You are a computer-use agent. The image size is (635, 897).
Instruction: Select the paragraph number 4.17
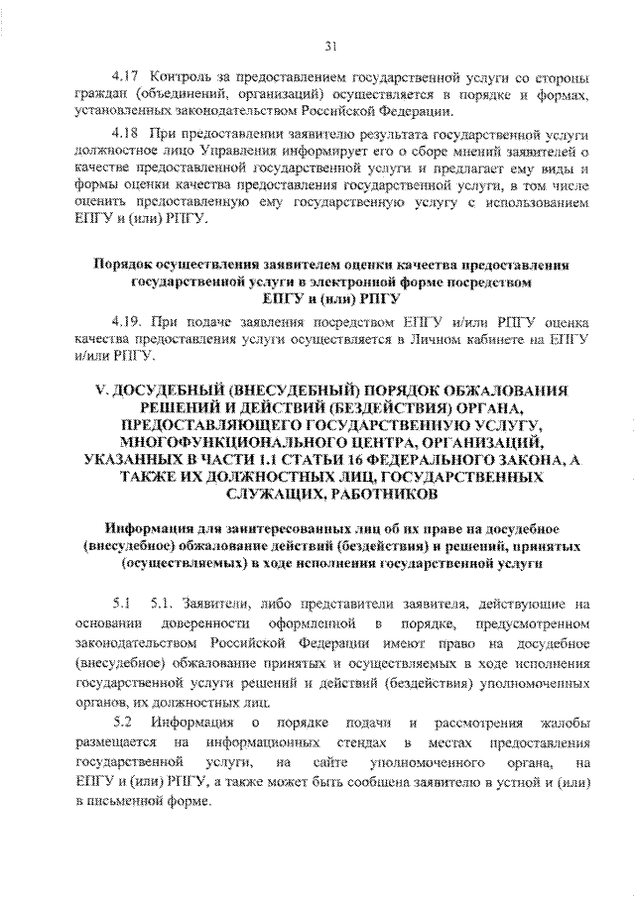pyautogui.click(x=124, y=77)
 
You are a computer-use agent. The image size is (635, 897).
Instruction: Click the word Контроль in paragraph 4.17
pyautogui.click(x=181, y=77)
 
